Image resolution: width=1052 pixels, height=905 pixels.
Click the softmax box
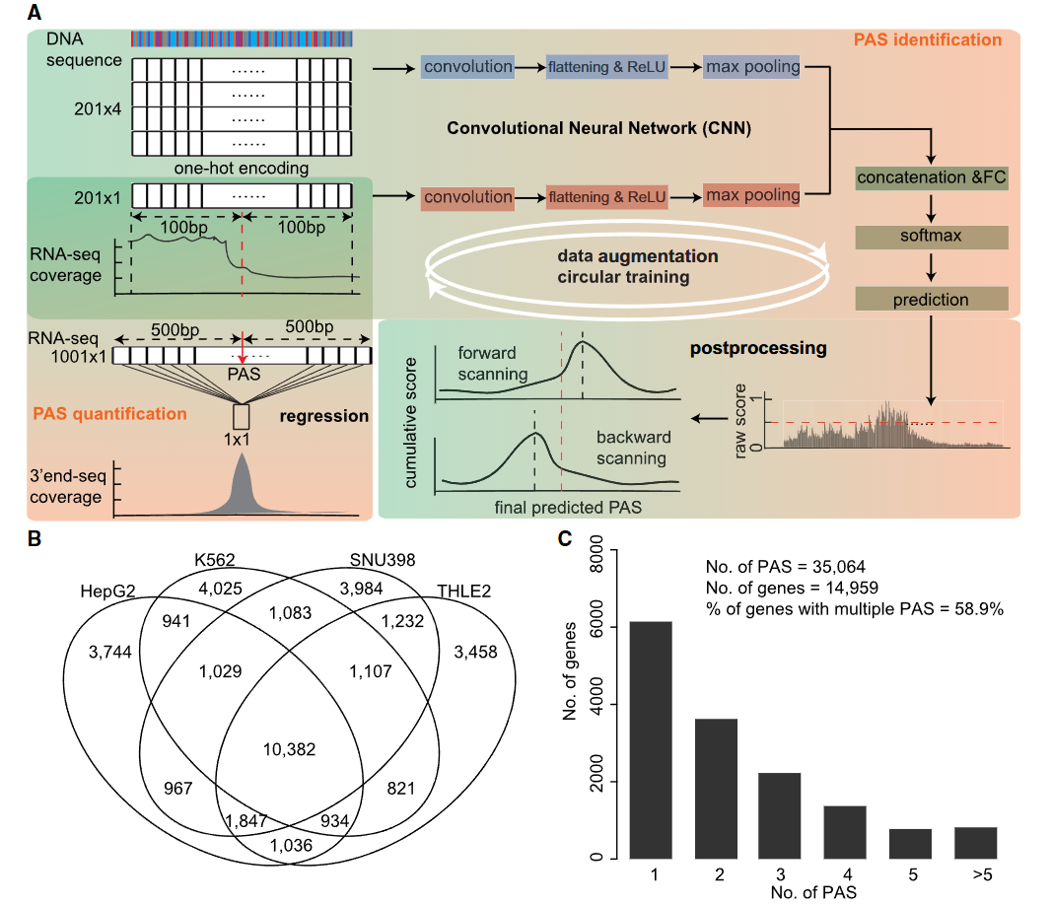(x=932, y=237)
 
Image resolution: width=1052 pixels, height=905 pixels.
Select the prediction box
(x=932, y=299)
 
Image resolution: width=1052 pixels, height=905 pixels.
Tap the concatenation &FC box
(x=932, y=177)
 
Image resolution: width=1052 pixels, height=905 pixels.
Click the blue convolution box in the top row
(x=467, y=67)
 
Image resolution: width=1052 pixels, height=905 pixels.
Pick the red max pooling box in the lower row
(x=751, y=195)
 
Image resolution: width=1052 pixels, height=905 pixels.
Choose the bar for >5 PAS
(x=975, y=842)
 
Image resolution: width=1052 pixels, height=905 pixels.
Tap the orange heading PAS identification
(x=926, y=40)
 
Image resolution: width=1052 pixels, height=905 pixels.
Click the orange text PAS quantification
(x=109, y=414)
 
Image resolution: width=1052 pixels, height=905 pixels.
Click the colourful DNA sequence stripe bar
(x=242, y=38)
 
